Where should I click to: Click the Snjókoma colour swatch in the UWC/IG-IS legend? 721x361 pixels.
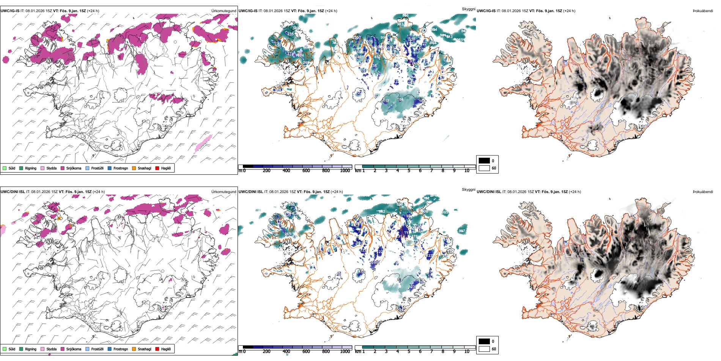pos(63,168)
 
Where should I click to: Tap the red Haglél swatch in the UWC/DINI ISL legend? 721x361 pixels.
pos(157,349)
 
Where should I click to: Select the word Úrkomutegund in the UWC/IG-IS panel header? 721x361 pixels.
pos(224,11)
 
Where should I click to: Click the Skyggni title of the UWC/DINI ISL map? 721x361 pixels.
pos(468,189)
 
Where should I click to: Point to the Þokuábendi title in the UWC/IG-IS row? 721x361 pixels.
pos(703,11)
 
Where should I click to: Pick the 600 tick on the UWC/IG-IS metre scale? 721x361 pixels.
pos(306,171)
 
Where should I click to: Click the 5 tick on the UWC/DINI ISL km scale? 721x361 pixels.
pos(409,351)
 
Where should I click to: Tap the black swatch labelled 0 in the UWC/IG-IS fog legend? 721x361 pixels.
pos(484,161)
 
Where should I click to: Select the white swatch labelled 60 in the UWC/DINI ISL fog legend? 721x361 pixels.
pos(484,348)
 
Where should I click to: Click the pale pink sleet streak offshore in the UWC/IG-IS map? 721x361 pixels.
pos(203,144)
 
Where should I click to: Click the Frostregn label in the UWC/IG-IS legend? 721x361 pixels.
pos(121,168)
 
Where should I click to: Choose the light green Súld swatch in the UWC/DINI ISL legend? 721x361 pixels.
pos(5,349)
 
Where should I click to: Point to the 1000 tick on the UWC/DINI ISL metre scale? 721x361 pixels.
pos(345,351)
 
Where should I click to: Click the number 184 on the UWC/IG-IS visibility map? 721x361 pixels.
pos(400,100)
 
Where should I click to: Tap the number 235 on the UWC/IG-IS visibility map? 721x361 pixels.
pos(290,34)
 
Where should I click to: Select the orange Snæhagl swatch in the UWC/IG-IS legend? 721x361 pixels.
pos(134,168)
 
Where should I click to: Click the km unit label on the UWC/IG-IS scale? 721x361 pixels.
pos(357,171)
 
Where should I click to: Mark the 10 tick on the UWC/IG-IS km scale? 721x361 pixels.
pos(467,171)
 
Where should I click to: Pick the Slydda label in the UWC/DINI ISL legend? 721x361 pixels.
pos(52,349)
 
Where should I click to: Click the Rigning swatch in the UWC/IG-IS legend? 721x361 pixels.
pos(21,168)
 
